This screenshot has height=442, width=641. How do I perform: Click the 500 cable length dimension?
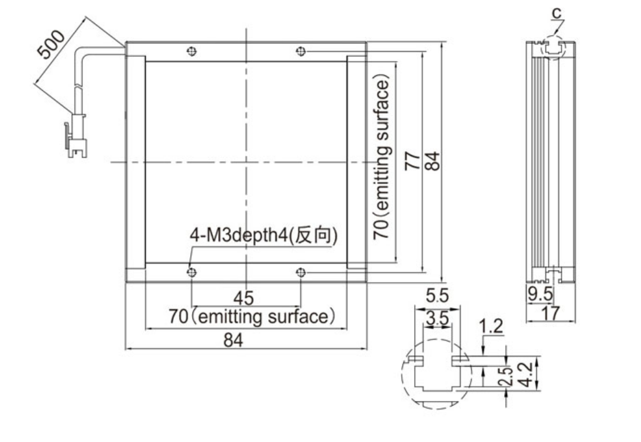click(x=51, y=44)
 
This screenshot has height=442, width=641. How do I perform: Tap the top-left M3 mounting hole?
click(x=191, y=51)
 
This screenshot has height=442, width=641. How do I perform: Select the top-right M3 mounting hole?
click(x=300, y=51)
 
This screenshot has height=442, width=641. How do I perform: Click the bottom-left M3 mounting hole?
click(x=191, y=272)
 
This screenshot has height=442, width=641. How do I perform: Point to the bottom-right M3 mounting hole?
click(x=300, y=272)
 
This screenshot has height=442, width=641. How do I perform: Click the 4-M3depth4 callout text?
click(x=264, y=235)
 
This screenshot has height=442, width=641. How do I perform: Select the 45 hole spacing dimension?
click(x=243, y=298)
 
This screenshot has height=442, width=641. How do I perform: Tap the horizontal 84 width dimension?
click(x=233, y=340)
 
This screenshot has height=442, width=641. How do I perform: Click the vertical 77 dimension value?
click(x=412, y=161)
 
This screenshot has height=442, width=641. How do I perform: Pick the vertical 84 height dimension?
click(x=432, y=161)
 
